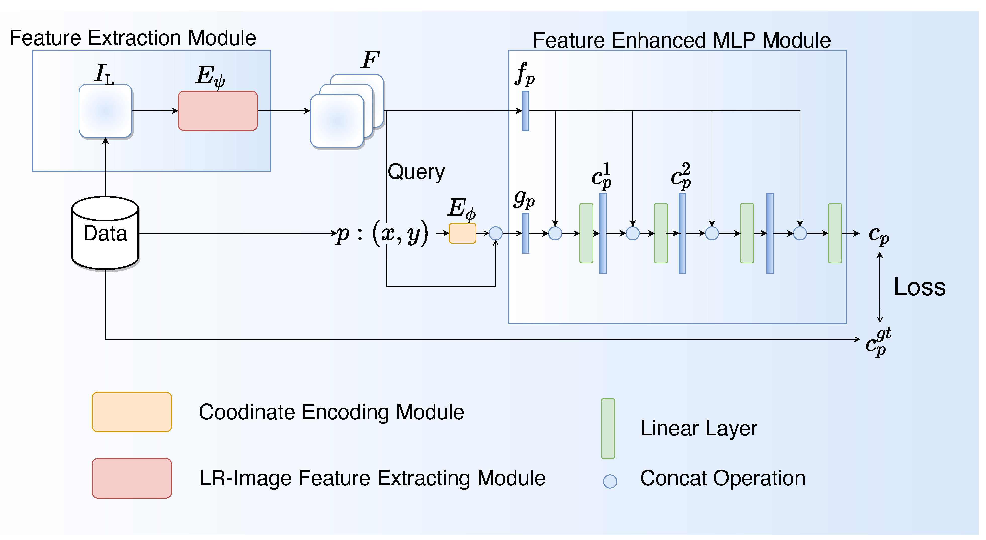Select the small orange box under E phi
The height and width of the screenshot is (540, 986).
(x=462, y=233)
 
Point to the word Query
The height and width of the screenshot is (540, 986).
(x=416, y=172)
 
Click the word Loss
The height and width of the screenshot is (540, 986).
(x=919, y=287)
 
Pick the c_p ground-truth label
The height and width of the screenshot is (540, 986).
(x=878, y=342)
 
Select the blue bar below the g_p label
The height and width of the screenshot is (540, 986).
(x=526, y=233)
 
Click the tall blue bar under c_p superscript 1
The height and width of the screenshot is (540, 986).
(x=603, y=233)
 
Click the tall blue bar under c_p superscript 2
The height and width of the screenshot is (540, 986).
(x=682, y=233)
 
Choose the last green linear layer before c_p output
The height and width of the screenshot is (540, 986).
(x=835, y=233)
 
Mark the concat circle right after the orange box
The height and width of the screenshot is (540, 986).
(x=496, y=233)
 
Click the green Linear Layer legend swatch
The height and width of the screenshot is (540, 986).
(x=608, y=429)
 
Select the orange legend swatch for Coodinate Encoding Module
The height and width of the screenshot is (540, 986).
(x=132, y=412)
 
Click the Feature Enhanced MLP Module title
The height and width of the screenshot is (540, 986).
(x=682, y=40)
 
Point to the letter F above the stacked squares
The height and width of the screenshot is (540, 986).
(x=370, y=60)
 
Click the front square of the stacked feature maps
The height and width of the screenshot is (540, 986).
(x=337, y=121)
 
